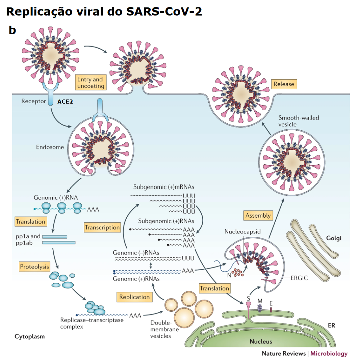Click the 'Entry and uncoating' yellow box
coord(90,83)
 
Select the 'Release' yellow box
coord(284,84)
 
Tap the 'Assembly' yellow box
coord(258,215)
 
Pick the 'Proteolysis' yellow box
coord(34,267)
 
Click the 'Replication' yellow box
coord(134,297)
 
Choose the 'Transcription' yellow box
coord(102,227)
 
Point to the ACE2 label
coord(65,101)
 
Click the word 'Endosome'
coord(50,147)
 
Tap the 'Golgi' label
coord(334,238)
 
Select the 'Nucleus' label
coord(261,341)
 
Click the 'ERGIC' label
coord(300,278)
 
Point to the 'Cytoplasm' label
coord(29,336)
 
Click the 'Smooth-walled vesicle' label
coord(299,121)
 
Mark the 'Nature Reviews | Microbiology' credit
coord(304,354)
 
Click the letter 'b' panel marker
coord(12,30)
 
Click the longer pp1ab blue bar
coord(59,243)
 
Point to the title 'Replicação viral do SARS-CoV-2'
coord(104,11)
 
